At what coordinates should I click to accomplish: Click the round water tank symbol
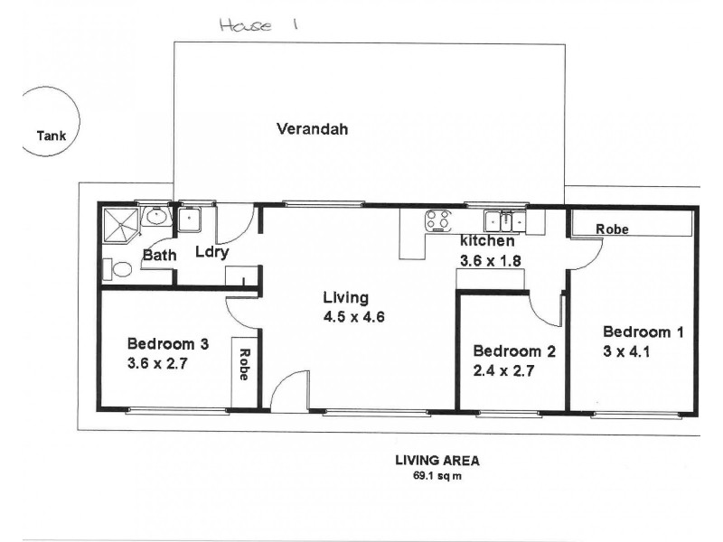click(x=51, y=121)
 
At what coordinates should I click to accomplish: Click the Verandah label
click(x=312, y=129)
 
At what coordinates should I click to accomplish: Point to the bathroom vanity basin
click(x=155, y=217)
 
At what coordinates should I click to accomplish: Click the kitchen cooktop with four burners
click(x=439, y=220)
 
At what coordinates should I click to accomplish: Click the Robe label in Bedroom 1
click(x=612, y=229)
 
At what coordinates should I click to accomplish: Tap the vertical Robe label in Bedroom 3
click(x=244, y=363)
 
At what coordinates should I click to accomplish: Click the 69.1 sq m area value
click(x=437, y=476)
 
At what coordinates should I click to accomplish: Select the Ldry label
click(x=211, y=255)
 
